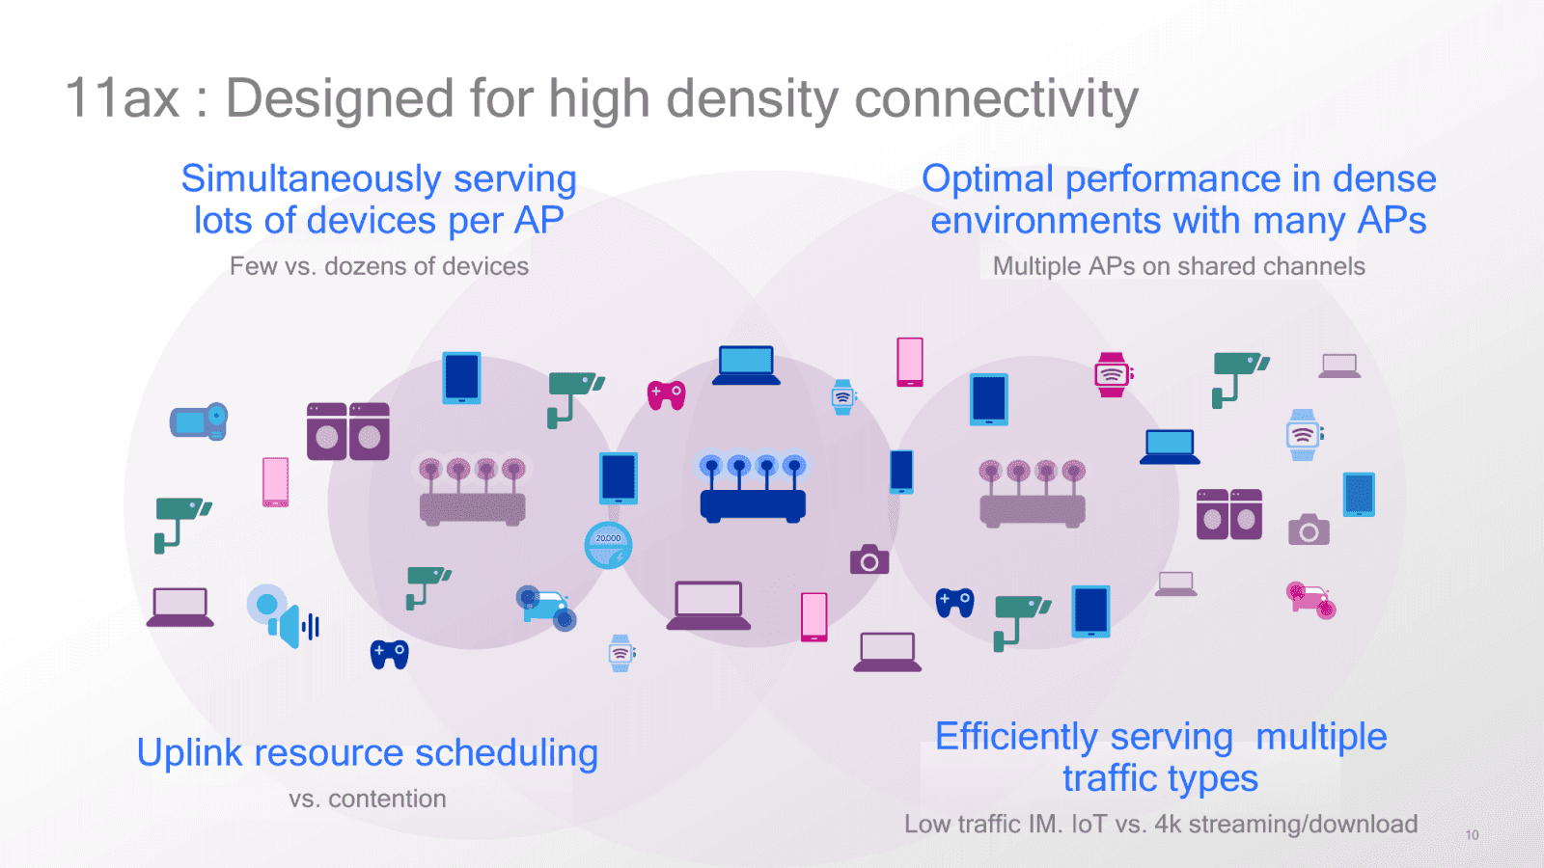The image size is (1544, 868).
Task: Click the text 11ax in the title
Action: click(123, 98)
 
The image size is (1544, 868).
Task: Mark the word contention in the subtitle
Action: click(387, 800)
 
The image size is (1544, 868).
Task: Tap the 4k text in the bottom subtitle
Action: click(1168, 825)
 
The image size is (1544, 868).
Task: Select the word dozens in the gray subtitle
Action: click(366, 267)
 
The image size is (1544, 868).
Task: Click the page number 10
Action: click(1472, 835)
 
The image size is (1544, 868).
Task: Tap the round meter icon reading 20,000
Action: click(608, 545)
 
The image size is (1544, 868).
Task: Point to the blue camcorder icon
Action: click(199, 421)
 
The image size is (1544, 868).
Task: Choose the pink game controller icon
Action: click(666, 394)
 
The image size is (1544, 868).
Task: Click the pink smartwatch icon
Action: click(1112, 374)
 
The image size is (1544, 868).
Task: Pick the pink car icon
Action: click(1310, 599)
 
